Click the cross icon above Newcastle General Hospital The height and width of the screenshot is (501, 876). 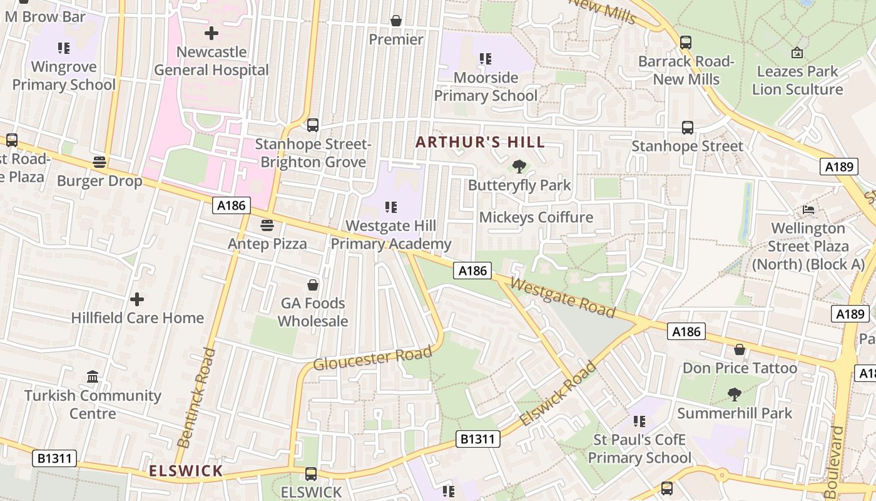pyautogui.click(x=211, y=33)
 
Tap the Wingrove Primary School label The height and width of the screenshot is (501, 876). pyautogui.click(x=64, y=76)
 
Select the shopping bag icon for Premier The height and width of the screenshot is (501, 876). pyautogui.click(x=395, y=21)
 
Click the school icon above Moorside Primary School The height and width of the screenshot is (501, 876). pyautogui.click(x=485, y=59)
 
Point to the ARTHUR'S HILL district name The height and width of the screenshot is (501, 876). pyautogui.click(x=480, y=142)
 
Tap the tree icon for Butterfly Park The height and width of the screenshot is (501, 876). pyautogui.click(x=519, y=167)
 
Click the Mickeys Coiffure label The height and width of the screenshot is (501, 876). pyautogui.click(x=536, y=217)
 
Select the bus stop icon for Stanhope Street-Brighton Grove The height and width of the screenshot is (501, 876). pyautogui.click(x=313, y=125)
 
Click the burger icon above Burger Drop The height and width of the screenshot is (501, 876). pyautogui.click(x=99, y=162)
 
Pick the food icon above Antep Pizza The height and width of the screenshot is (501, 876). pyautogui.click(x=267, y=225)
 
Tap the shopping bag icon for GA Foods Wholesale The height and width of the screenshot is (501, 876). pyautogui.click(x=312, y=285)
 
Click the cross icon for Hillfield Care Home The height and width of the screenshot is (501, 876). pyautogui.click(x=137, y=299)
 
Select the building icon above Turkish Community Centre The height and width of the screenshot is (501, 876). pyautogui.click(x=93, y=377)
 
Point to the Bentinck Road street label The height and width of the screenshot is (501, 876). pyautogui.click(x=196, y=398)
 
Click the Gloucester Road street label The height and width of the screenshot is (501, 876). pyautogui.click(x=372, y=358)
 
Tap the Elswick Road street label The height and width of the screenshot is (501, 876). pyautogui.click(x=558, y=395)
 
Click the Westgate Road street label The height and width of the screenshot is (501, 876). pyautogui.click(x=563, y=297)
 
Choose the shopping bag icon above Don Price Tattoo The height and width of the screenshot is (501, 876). pyautogui.click(x=740, y=349)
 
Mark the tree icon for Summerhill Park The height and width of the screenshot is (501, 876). pyautogui.click(x=735, y=395)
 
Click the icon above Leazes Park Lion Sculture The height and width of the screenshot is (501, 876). pyautogui.click(x=797, y=53)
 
